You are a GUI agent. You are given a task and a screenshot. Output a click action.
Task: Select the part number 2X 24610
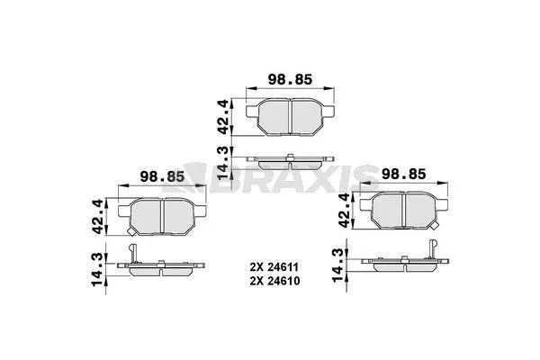(x=275, y=281)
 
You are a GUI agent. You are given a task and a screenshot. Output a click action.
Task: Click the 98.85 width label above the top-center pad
(x=289, y=80)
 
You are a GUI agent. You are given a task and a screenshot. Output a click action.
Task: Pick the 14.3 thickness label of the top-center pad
(x=225, y=162)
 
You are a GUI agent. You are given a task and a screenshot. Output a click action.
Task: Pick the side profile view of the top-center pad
(x=289, y=162)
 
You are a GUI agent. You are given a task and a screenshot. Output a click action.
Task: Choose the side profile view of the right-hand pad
(x=402, y=261)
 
